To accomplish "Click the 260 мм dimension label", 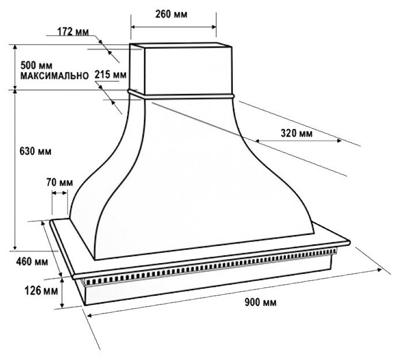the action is (x=174, y=13).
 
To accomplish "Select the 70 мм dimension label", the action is (x=59, y=182).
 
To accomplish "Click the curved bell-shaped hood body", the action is (x=189, y=172).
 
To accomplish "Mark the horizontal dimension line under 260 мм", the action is (x=174, y=26).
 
